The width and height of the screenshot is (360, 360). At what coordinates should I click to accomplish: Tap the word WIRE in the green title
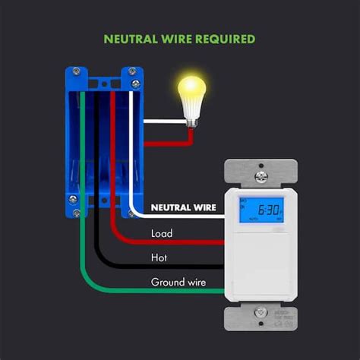[x=181, y=39]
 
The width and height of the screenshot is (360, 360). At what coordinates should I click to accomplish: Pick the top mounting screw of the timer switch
[x=262, y=176]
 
